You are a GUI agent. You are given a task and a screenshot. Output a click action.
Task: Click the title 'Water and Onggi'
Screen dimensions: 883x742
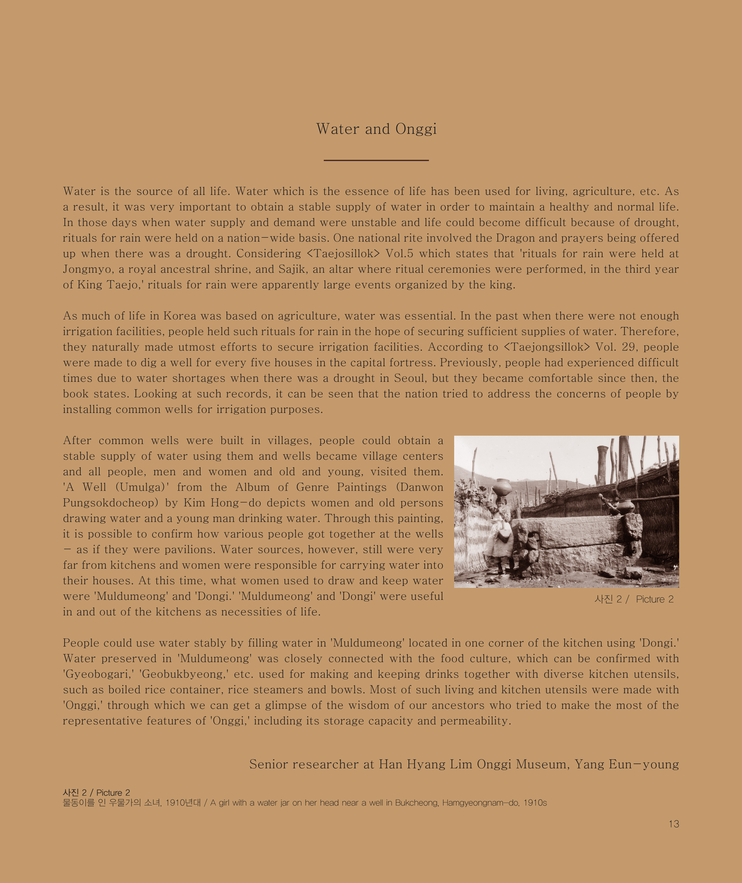click(376, 129)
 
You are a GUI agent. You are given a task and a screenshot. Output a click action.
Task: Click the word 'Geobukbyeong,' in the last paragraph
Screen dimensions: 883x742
click(184, 674)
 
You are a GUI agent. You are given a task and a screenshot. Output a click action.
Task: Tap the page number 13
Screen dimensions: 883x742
click(673, 824)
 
